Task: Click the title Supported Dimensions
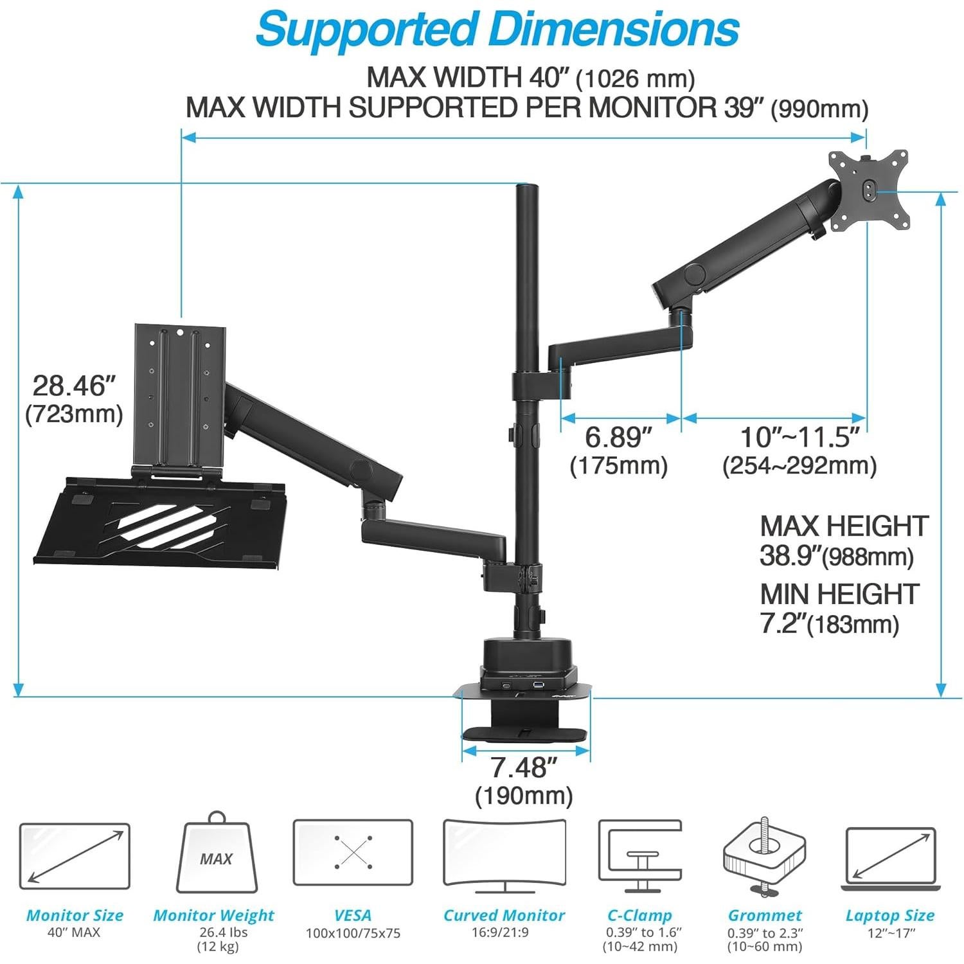tap(497, 29)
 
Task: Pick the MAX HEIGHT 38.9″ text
tap(843, 540)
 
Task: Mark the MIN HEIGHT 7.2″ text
tap(839, 608)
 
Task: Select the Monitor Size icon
tap(75, 855)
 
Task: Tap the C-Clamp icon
tap(639, 855)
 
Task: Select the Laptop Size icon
tap(889, 859)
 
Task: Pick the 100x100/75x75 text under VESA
tap(353, 933)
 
